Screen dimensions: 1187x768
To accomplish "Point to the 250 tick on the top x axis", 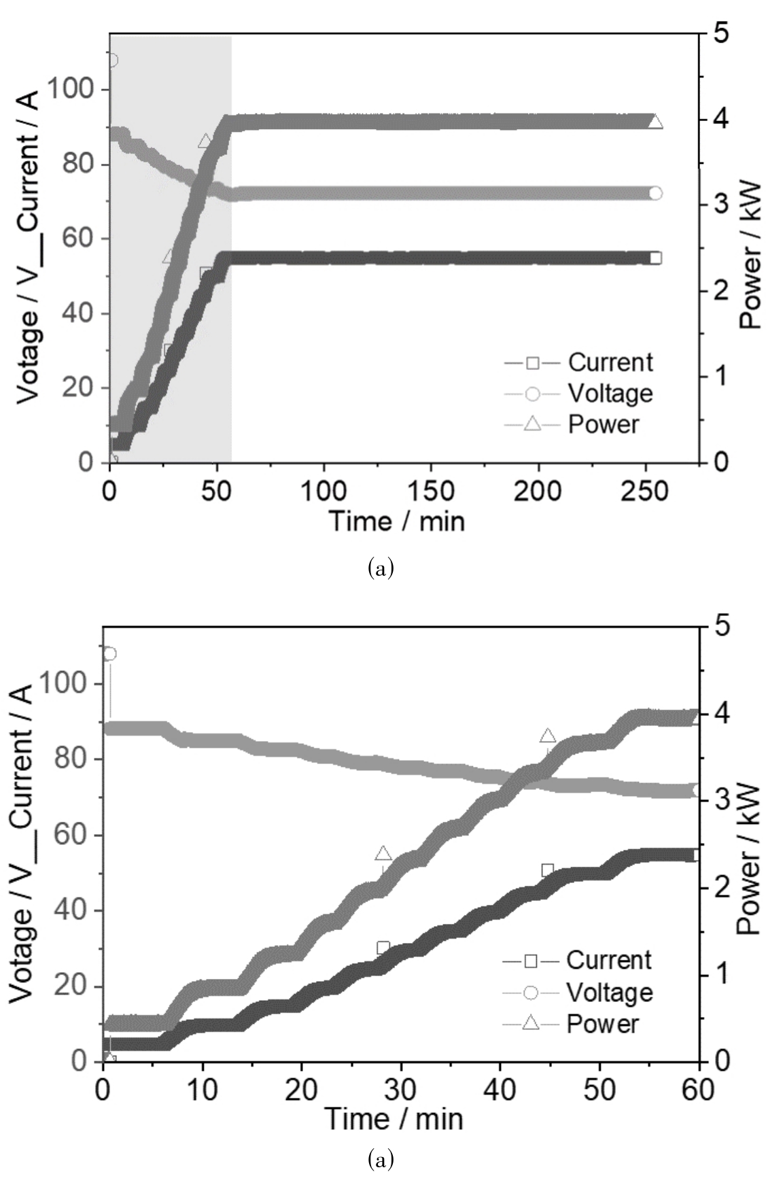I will click(x=645, y=491).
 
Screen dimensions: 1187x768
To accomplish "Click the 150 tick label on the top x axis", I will click(x=431, y=491).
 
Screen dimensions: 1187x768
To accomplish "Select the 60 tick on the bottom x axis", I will click(x=698, y=1090).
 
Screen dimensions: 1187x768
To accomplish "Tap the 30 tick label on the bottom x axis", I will click(x=400, y=1090).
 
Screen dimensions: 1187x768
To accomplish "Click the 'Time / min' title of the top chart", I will click(x=397, y=521).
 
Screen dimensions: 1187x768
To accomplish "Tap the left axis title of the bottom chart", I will click(x=22, y=842).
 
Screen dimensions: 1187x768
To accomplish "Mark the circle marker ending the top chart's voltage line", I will click(x=655, y=193).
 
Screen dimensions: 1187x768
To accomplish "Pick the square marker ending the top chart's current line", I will click(x=655, y=258).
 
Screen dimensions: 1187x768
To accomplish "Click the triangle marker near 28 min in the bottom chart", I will click(x=383, y=854).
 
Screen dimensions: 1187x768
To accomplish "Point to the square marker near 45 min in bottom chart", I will click(x=548, y=870).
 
